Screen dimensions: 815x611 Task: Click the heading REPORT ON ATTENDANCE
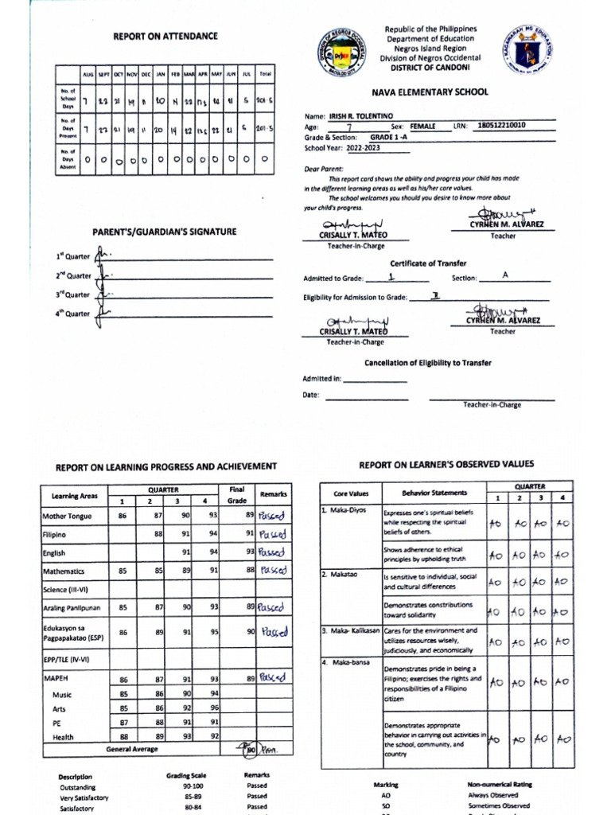(x=165, y=37)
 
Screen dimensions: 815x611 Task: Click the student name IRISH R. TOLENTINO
(x=363, y=115)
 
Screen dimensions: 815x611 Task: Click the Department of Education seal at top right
(x=525, y=49)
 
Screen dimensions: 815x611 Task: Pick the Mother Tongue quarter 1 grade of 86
(x=123, y=516)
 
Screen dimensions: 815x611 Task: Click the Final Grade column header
(x=237, y=495)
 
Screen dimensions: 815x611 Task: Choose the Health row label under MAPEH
(x=63, y=737)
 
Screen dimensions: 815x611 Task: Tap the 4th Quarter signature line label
(x=72, y=314)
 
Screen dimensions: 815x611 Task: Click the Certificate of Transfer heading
(x=428, y=263)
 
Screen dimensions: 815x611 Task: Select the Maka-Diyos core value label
(x=345, y=510)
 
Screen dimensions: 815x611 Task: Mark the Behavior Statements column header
(x=434, y=493)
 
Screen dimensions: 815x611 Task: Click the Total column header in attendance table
(x=265, y=73)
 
